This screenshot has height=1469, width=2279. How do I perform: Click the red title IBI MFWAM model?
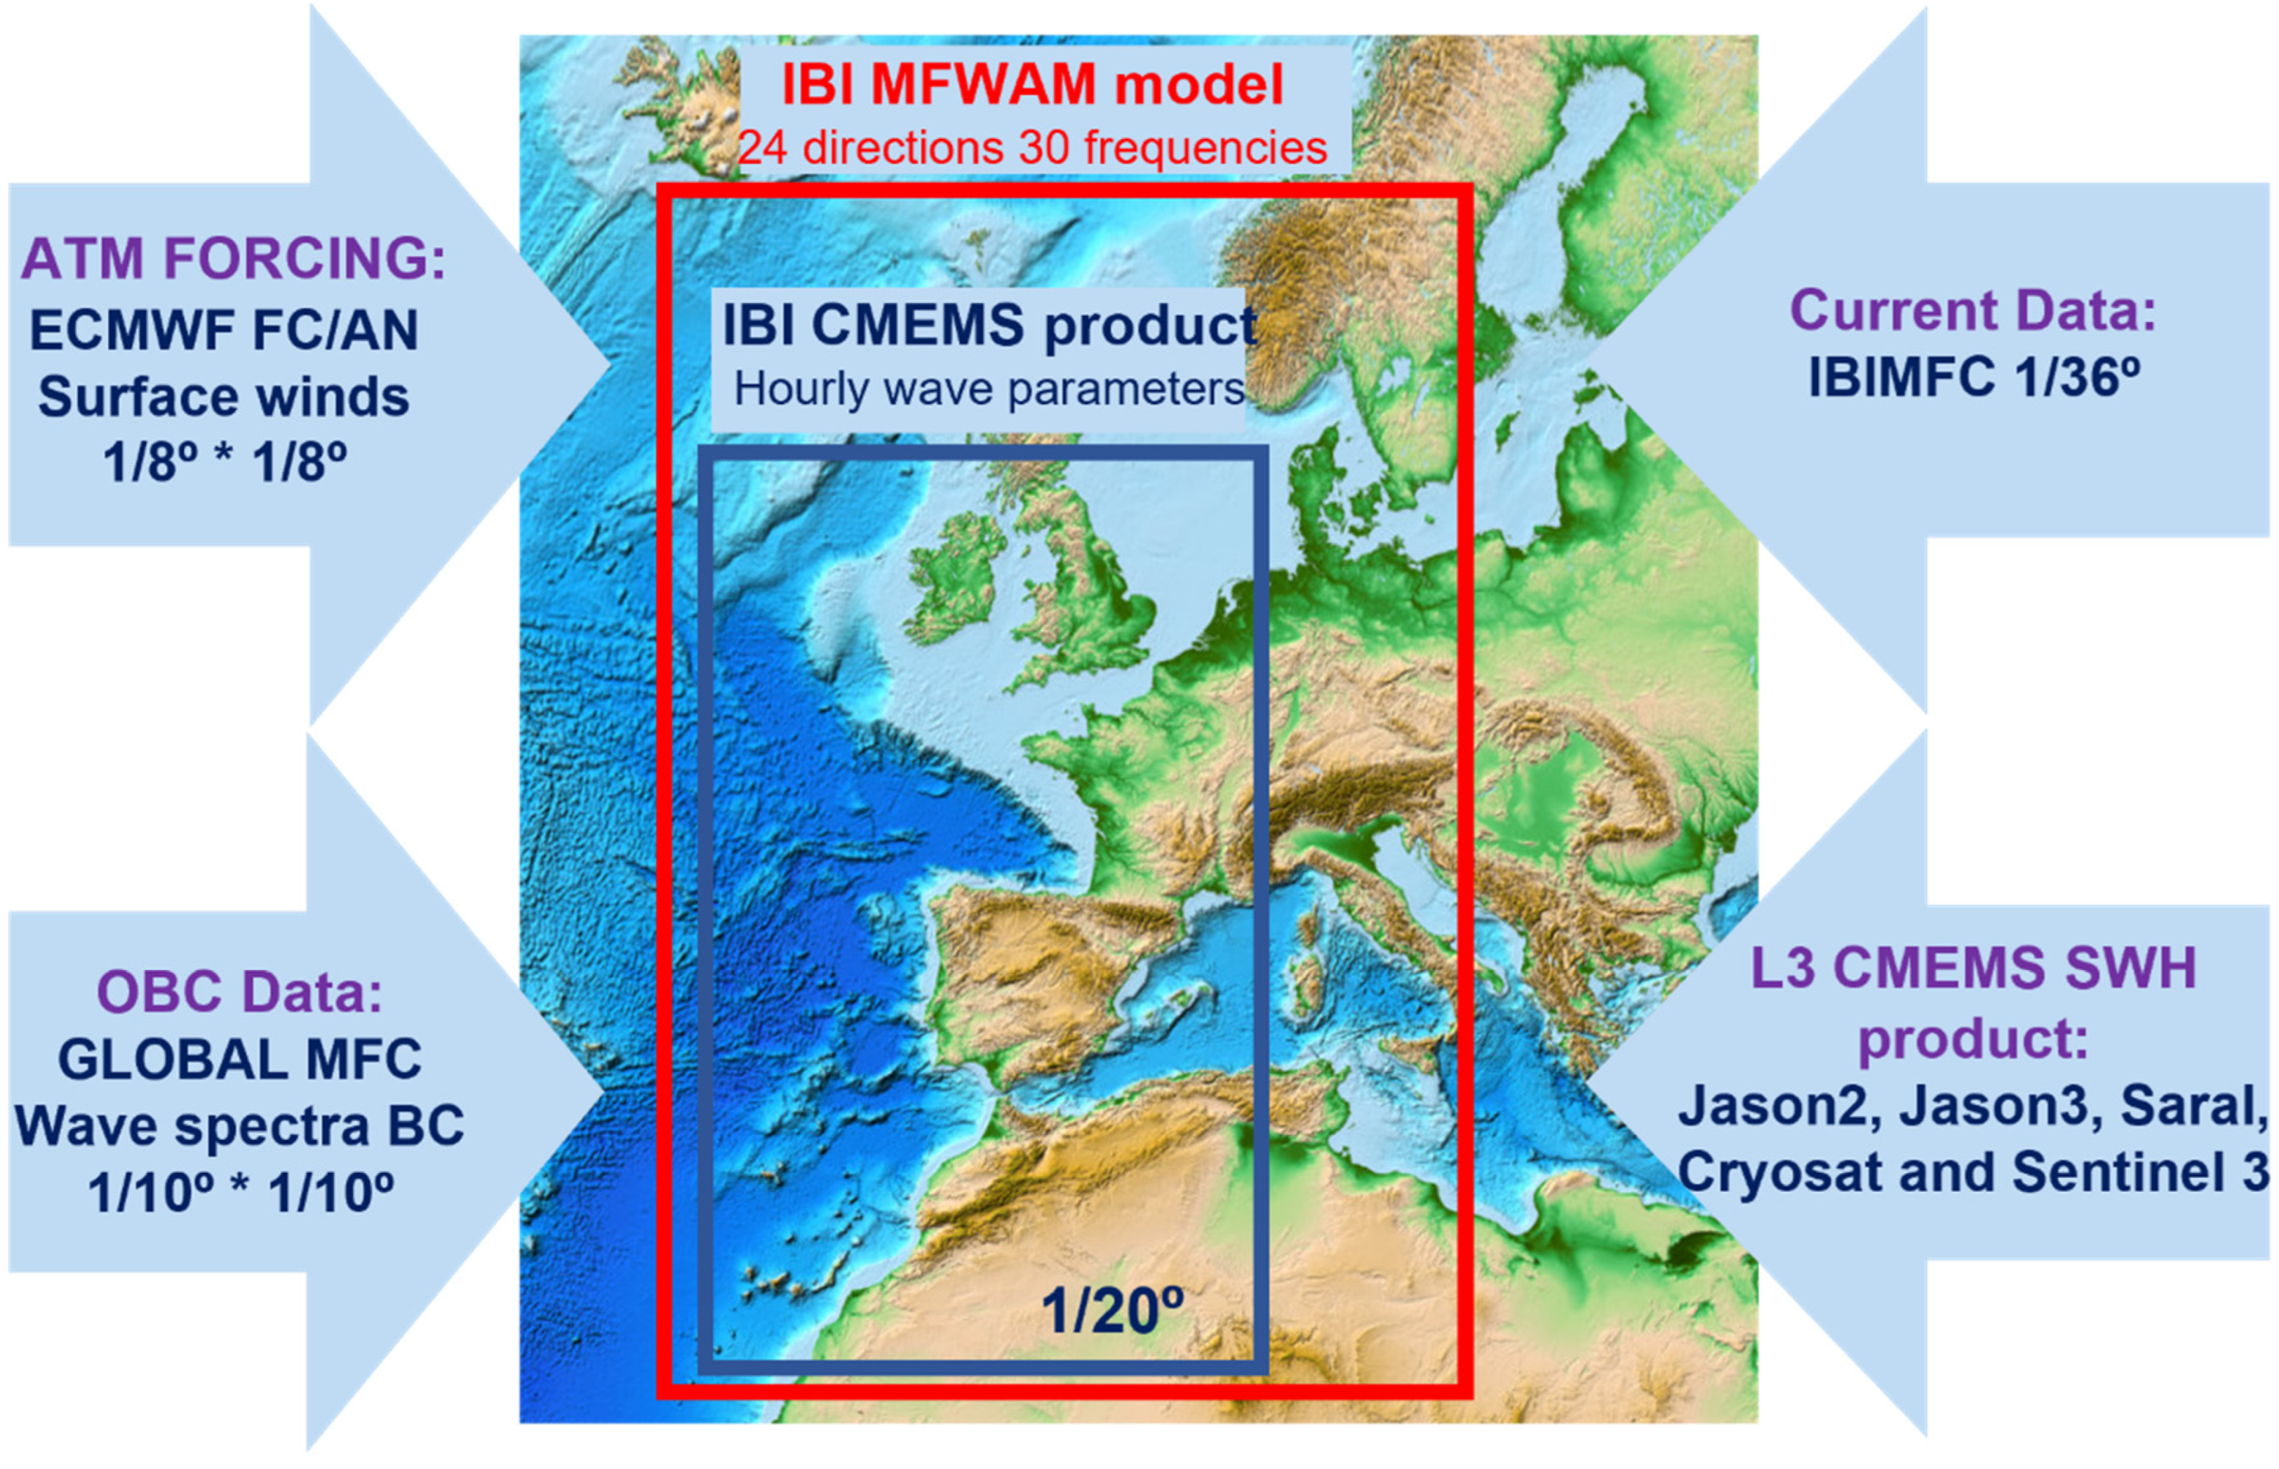pos(1032,84)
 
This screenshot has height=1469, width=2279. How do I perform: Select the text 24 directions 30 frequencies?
pos(1032,148)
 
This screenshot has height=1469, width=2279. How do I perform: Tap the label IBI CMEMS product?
pos(989,326)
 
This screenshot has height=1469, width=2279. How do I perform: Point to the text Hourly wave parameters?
pos(989,389)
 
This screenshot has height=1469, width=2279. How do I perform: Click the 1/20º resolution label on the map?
pos(1112,1312)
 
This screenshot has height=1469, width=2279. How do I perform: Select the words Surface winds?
pos(224,397)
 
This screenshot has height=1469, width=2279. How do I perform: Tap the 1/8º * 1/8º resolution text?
pos(224,464)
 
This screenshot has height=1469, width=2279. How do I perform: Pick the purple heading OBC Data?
pos(239,991)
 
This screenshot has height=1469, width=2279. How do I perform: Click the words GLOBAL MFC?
pos(239,1059)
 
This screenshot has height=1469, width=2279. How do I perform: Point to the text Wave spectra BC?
pos(239,1125)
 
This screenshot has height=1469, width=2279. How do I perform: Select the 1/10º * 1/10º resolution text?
pos(239,1193)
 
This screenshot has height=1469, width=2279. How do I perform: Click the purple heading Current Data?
pos(1973,310)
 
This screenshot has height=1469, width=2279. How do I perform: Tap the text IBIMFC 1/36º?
pos(1973,377)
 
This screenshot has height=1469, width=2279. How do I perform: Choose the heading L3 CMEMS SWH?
pos(1973,967)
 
